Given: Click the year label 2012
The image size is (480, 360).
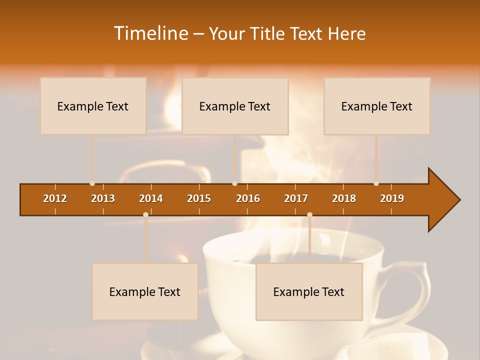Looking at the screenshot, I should (55, 198).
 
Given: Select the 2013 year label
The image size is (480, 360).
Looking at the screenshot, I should (103, 198).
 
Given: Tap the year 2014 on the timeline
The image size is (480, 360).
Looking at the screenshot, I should (151, 198).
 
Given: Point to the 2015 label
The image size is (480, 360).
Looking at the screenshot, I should (199, 198).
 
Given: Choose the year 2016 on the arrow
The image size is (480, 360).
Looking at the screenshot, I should (248, 198).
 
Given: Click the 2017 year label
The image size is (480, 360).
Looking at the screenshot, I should (296, 198).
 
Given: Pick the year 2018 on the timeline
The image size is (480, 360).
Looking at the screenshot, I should (344, 198).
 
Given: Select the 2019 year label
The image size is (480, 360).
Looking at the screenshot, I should (392, 198).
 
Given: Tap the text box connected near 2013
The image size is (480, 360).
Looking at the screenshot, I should (93, 106).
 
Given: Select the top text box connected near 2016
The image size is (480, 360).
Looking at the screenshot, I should (235, 106).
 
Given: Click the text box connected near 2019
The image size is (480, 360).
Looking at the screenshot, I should (377, 106).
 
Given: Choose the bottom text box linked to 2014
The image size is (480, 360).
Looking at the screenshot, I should (145, 291).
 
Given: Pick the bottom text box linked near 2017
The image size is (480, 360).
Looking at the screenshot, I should (309, 291).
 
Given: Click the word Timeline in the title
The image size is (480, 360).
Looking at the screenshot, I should (150, 33).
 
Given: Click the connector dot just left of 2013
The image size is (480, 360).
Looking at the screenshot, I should (92, 183).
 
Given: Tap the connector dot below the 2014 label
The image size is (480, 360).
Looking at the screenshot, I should (145, 215).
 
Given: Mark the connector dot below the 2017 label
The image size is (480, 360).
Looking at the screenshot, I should (309, 215).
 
